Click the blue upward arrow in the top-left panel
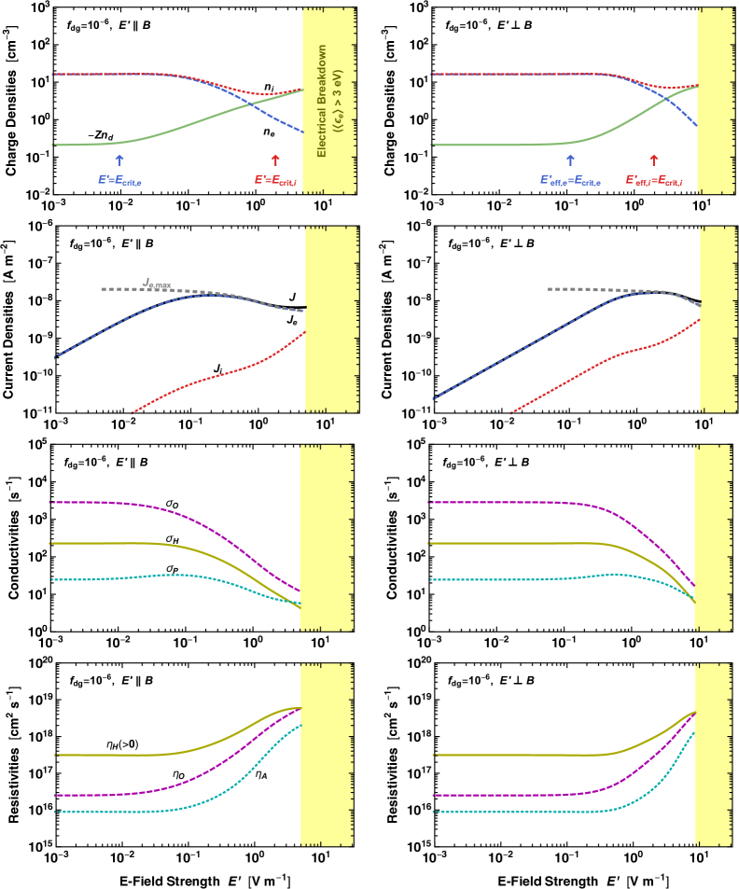[119, 160]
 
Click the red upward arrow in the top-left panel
[274, 160]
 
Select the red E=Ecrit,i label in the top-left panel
[275, 180]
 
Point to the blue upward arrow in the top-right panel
[570, 160]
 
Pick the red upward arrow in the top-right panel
[653, 160]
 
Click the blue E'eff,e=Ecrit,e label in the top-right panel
[570, 180]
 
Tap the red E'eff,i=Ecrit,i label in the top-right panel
[654, 180]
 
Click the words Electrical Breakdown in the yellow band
[322, 101]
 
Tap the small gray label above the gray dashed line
[157, 283]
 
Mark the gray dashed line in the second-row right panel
[579, 289]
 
